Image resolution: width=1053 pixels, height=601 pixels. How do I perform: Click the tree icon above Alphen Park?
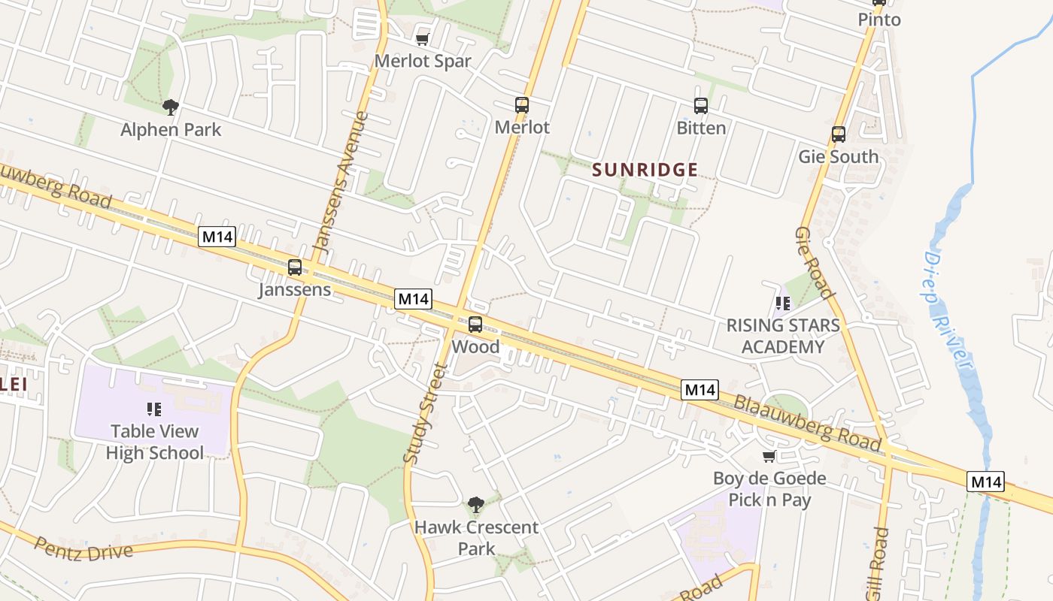click(x=171, y=107)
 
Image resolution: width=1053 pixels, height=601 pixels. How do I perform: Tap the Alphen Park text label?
click(x=171, y=129)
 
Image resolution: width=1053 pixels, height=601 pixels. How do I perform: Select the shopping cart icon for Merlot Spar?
click(x=423, y=38)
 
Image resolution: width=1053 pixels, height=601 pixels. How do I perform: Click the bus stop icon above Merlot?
click(x=522, y=105)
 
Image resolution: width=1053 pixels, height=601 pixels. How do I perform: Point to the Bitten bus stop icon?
click(x=701, y=106)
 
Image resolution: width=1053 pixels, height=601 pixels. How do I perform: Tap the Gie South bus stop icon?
click(x=839, y=134)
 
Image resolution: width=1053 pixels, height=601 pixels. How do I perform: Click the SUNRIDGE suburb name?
click(x=645, y=170)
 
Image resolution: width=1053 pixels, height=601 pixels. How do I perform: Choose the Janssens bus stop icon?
click(x=295, y=267)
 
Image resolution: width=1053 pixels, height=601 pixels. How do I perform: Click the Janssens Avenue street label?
click(x=341, y=181)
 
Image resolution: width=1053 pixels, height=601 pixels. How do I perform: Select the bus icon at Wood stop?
click(x=475, y=325)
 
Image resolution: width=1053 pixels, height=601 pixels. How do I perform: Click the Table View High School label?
click(x=154, y=442)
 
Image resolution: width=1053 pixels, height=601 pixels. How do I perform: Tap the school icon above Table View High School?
click(x=154, y=409)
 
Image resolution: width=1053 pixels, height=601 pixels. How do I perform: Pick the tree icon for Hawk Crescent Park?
click(x=475, y=504)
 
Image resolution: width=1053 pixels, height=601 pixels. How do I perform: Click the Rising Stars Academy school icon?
click(x=783, y=304)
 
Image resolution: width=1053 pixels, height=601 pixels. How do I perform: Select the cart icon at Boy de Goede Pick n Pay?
click(x=769, y=457)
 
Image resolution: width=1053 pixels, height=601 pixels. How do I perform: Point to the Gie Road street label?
click(x=814, y=263)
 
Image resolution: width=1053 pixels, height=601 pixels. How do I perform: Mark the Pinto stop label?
click(x=879, y=20)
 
